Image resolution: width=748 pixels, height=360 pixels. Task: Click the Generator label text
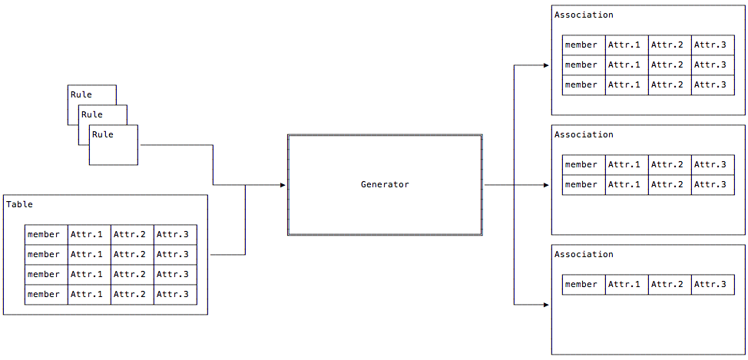(385, 184)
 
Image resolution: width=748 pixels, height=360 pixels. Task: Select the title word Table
(20, 204)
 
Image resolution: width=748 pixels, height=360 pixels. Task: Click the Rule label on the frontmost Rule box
(102, 134)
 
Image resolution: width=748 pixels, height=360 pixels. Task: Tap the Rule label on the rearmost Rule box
(81, 94)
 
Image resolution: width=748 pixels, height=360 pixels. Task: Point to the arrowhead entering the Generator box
(283, 185)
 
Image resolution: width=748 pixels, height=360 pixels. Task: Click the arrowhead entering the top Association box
(548, 65)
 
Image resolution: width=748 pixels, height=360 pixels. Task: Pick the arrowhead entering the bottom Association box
(548, 305)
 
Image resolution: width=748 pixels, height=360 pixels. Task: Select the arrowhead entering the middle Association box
(548, 185)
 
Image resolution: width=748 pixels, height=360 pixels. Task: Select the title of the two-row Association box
(584, 134)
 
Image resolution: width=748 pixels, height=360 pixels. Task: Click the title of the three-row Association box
(584, 15)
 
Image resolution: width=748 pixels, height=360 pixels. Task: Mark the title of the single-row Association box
(584, 254)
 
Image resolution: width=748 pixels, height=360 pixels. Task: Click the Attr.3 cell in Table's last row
(174, 294)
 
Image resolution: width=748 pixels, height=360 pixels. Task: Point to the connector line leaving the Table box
(227, 254)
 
